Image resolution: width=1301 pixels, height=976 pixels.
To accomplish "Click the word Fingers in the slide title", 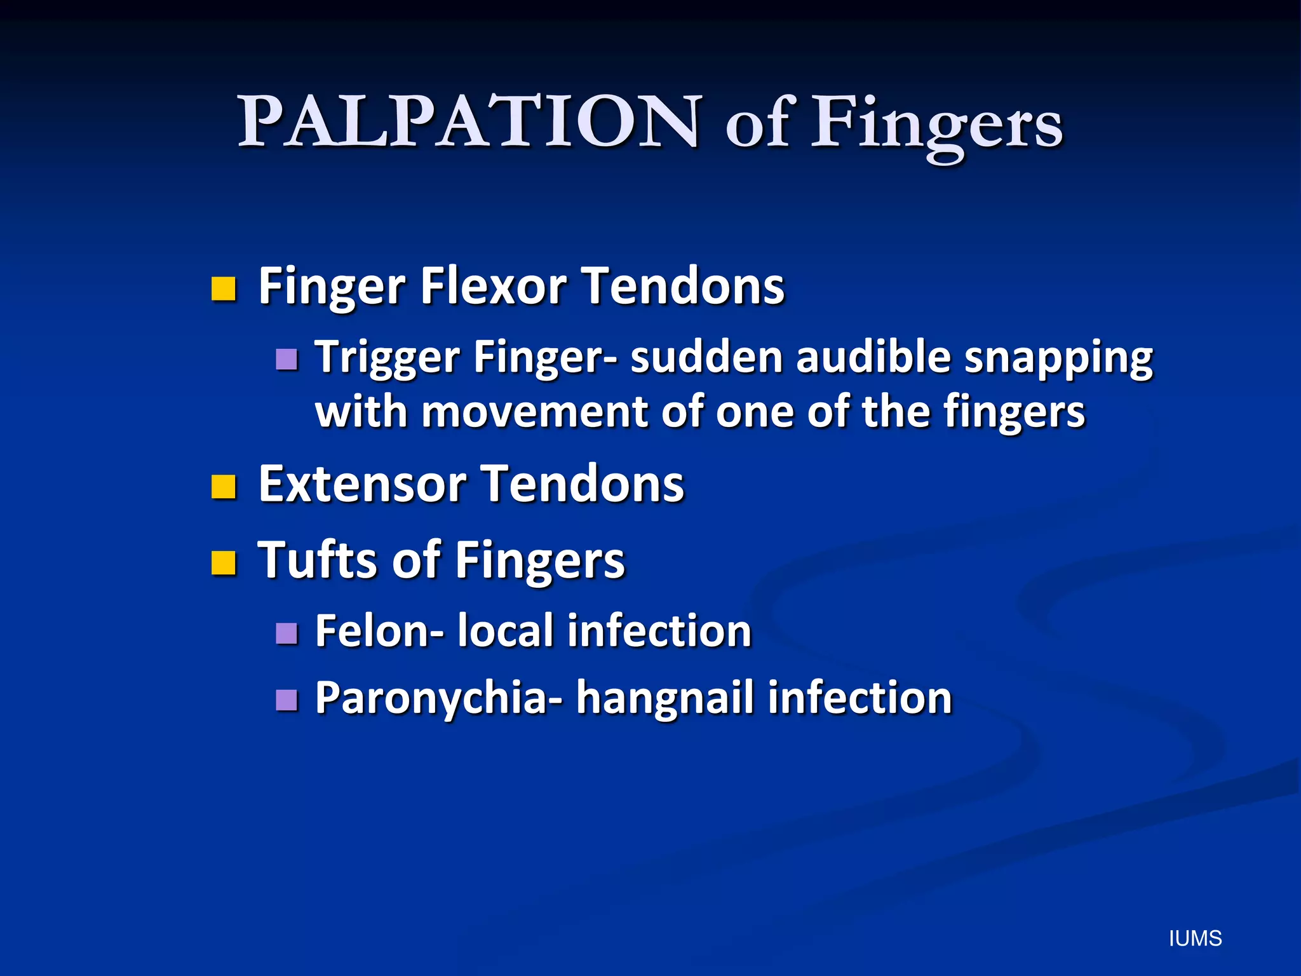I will (x=937, y=124).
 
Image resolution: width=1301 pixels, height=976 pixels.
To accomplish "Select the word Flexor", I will (x=493, y=287).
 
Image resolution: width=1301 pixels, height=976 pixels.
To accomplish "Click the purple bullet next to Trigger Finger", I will (x=287, y=359).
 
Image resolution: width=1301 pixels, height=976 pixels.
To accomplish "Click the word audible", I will (x=873, y=356).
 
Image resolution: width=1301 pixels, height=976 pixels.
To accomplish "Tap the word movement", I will (x=535, y=412).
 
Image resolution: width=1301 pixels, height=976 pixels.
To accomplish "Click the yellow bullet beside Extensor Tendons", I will (x=224, y=487).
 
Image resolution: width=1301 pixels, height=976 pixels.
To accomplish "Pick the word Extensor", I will (x=363, y=484).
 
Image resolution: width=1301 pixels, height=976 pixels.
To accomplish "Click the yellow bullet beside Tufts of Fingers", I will (x=224, y=562).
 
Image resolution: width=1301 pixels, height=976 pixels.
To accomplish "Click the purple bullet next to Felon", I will (x=287, y=634).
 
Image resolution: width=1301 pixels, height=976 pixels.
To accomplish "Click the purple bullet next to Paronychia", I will (x=287, y=700).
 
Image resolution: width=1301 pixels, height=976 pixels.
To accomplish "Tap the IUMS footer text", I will (x=1195, y=939).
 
